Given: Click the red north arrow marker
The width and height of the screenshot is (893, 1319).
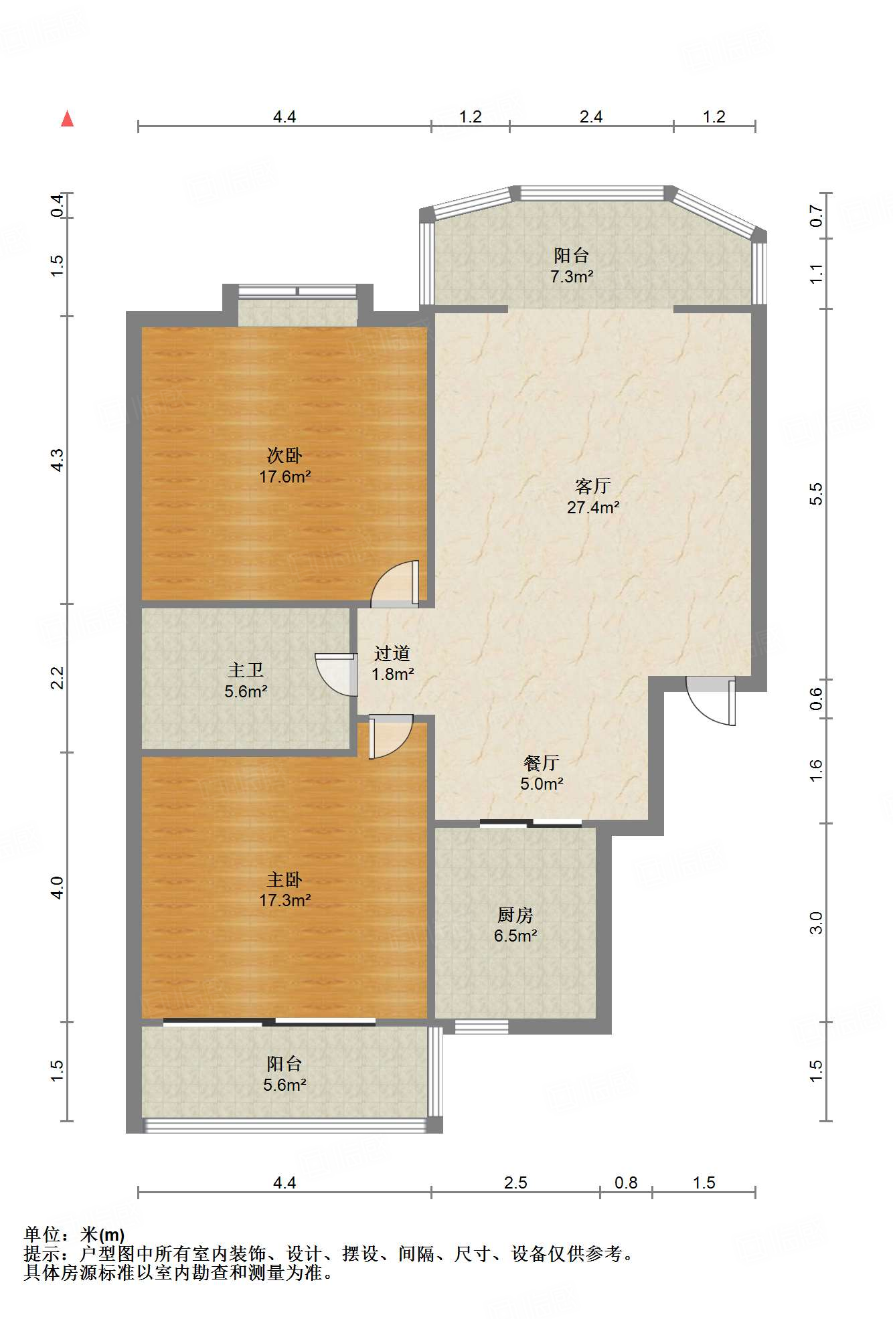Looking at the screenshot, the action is pos(67,118).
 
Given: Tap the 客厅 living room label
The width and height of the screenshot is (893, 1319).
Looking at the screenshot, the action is pos(592,486).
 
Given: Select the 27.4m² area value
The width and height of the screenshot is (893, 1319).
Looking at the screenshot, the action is pos(593,507).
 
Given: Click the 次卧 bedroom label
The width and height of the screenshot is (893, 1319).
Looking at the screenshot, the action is pos(285,456).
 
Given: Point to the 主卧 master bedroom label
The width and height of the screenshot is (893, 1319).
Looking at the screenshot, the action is pos(285,879).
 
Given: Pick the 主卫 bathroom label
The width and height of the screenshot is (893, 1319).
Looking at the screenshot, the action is pos(246,670).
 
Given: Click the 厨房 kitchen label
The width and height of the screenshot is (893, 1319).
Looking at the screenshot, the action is pos(515,914).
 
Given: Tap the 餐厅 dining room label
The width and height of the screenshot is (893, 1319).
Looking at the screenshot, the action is pos(541,762).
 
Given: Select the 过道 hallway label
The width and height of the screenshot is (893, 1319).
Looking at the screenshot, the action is pos(392,652).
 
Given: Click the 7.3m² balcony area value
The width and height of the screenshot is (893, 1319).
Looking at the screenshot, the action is pos(572,276).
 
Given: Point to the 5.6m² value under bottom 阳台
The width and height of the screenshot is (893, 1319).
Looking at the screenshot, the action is pos(285,1085).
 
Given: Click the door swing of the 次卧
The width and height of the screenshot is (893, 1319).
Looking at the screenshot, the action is pos(396,584).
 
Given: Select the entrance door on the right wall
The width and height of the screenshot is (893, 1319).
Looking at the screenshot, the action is pos(711,701).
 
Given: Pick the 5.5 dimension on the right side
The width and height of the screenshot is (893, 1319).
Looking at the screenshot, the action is pos(815,494).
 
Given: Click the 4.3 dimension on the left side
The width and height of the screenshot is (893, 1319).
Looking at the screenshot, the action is pos(58,460).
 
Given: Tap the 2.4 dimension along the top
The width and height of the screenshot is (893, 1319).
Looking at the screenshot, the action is pos(591,116).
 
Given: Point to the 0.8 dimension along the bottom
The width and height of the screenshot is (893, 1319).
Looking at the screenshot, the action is pos(626,1182).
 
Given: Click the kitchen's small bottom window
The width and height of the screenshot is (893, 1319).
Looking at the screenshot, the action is pos(482,1027).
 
